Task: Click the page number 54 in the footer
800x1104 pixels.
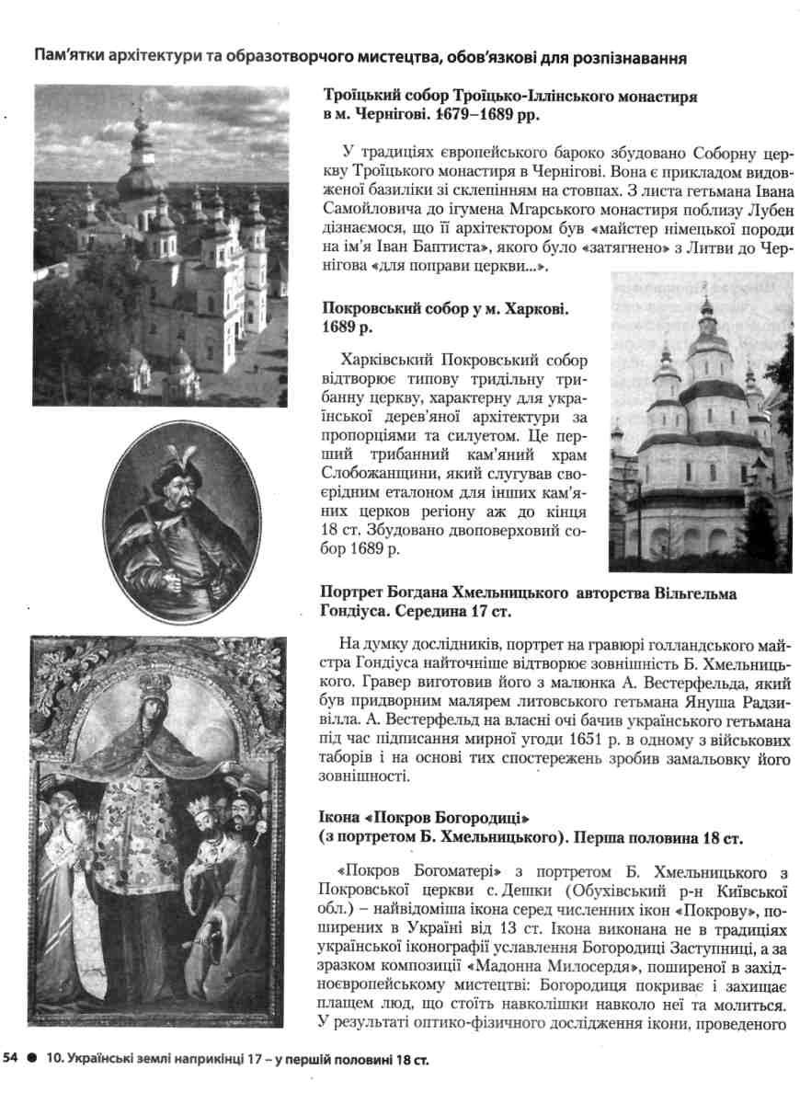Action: [13, 1060]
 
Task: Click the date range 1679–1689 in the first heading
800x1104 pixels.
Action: [491, 117]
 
